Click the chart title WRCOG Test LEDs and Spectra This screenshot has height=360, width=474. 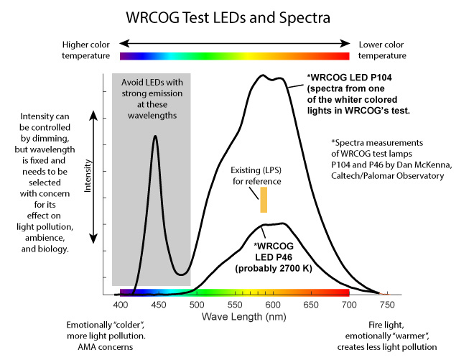coord(236,15)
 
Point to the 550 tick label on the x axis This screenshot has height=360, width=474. coord(237,305)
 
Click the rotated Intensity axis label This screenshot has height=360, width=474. coord(88,176)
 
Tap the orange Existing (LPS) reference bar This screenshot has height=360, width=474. coord(264,200)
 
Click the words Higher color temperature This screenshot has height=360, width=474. coord(85,49)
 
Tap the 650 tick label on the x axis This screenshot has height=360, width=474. coord(311,305)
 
